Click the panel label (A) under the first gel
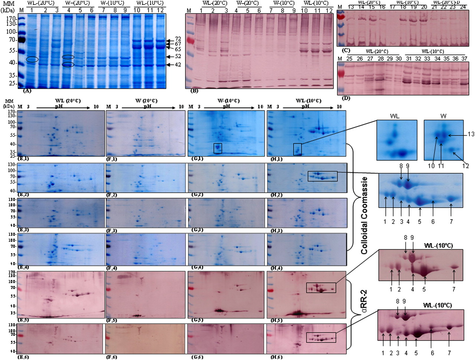26,90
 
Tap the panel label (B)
194,90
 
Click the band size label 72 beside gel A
178,39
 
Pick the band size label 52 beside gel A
178,57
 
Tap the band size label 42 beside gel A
178,65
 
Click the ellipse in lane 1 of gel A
32,59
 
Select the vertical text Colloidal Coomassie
364,215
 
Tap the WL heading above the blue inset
394,116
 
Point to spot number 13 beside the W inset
471,134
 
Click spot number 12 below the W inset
465,166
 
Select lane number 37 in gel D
464,59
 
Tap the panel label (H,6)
274,357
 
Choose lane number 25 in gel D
349,59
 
